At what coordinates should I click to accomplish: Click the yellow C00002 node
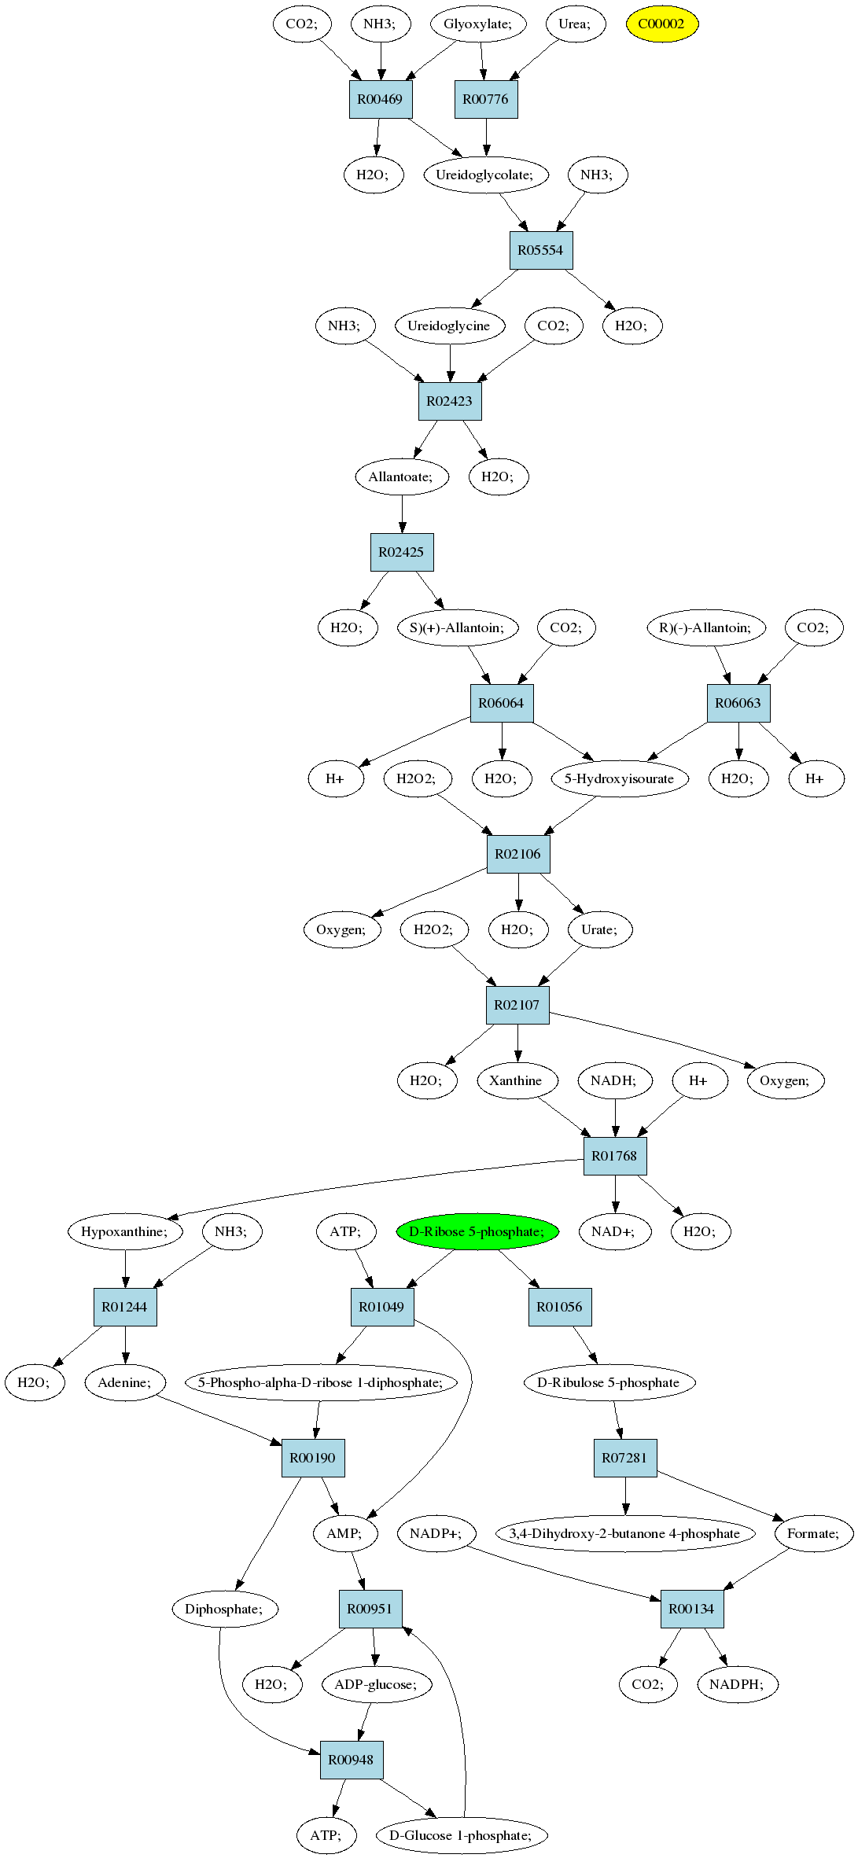pos(661,24)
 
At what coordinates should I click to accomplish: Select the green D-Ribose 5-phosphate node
pos(477,1231)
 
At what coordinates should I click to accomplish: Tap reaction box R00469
pos(381,99)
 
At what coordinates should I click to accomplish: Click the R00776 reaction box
pos(486,99)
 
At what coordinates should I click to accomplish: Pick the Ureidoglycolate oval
pos(484,175)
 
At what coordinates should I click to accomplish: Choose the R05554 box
pos(541,250)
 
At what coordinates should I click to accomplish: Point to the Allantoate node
pos(401,476)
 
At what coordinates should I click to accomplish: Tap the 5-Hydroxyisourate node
pos(620,778)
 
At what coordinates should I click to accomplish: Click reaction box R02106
pos(518,854)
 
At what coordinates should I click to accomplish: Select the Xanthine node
pos(517,1080)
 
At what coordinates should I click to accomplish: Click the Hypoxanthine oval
pos(125,1231)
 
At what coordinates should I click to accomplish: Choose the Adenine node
pos(125,1382)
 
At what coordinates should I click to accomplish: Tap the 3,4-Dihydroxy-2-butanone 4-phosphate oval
pos(625,1533)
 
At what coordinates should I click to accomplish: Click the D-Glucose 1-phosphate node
pos(462,1835)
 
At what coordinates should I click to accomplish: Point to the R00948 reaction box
pos(352,1760)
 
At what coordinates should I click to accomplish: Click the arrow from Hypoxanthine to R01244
pos(125,1269)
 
